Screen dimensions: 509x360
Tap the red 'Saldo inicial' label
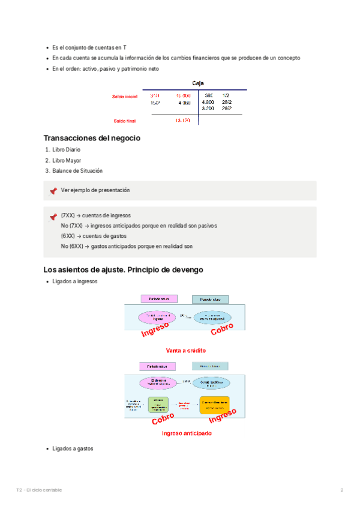(x=125, y=96)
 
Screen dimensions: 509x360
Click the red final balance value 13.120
(x=182, y=121)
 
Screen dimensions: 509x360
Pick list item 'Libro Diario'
(x=66, y=149)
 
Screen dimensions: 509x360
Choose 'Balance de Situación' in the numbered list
(x=77, y=171)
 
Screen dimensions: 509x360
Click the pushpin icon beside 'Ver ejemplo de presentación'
(x=53, y=191)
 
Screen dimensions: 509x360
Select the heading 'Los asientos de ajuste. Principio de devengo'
(x=124, y=270)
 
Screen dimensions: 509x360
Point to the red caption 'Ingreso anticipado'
(x=186, y=433)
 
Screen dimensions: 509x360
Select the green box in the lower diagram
(x=160, y=405)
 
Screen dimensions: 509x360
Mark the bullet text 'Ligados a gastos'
(x=73, y=449)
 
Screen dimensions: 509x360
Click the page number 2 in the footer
(x=342, y=490)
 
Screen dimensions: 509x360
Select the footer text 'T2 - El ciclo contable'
(x=39, y=490)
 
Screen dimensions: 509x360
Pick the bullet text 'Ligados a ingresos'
(x=74, y=282)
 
